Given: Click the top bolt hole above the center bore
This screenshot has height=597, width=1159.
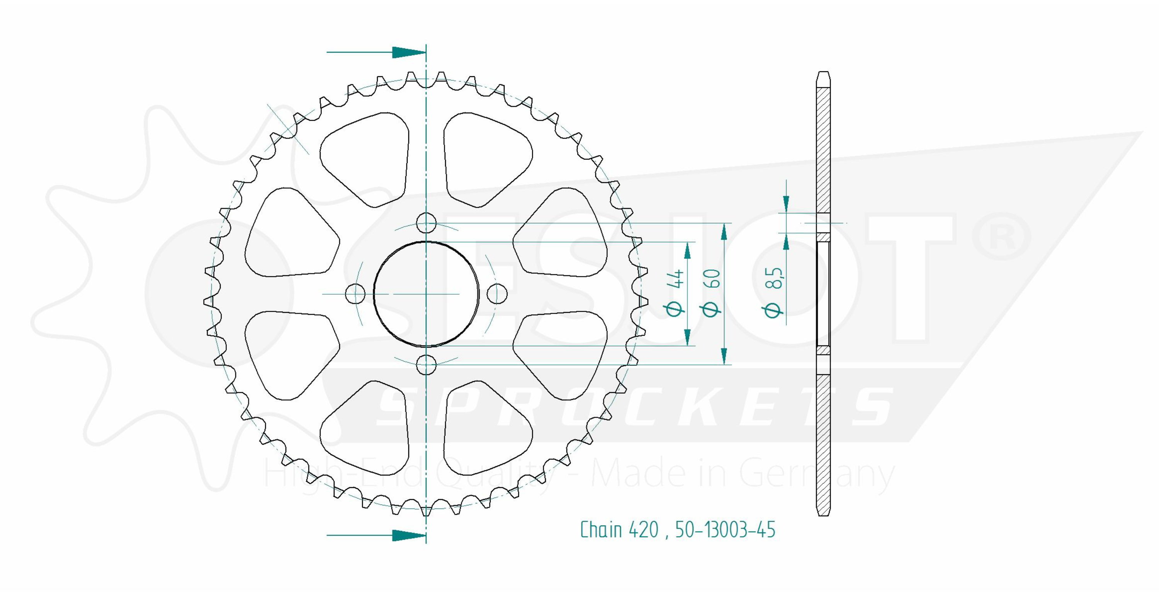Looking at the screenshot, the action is tap(426, 223).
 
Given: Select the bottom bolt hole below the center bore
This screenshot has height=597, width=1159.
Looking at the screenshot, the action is tap(426, 364).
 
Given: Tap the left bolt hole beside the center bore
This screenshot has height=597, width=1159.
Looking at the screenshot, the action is tap(355, 294).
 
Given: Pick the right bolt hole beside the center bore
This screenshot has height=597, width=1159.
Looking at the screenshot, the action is tap(497, 294).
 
